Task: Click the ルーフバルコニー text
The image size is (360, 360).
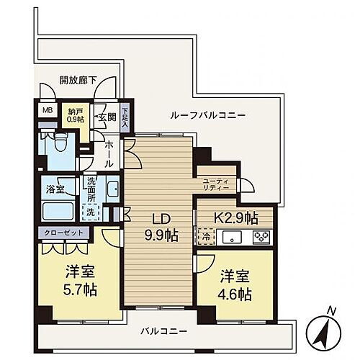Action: click(x=208, y=115)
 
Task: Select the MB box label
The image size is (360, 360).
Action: click(x=48, y=110)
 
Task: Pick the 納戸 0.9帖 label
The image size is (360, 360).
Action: click(x=75, y=114)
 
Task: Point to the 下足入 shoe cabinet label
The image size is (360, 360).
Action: click(x=126, y=117)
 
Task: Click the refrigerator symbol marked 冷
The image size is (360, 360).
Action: click(x=205, y=235)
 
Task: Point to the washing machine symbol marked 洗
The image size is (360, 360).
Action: click(x=91, y=212)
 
